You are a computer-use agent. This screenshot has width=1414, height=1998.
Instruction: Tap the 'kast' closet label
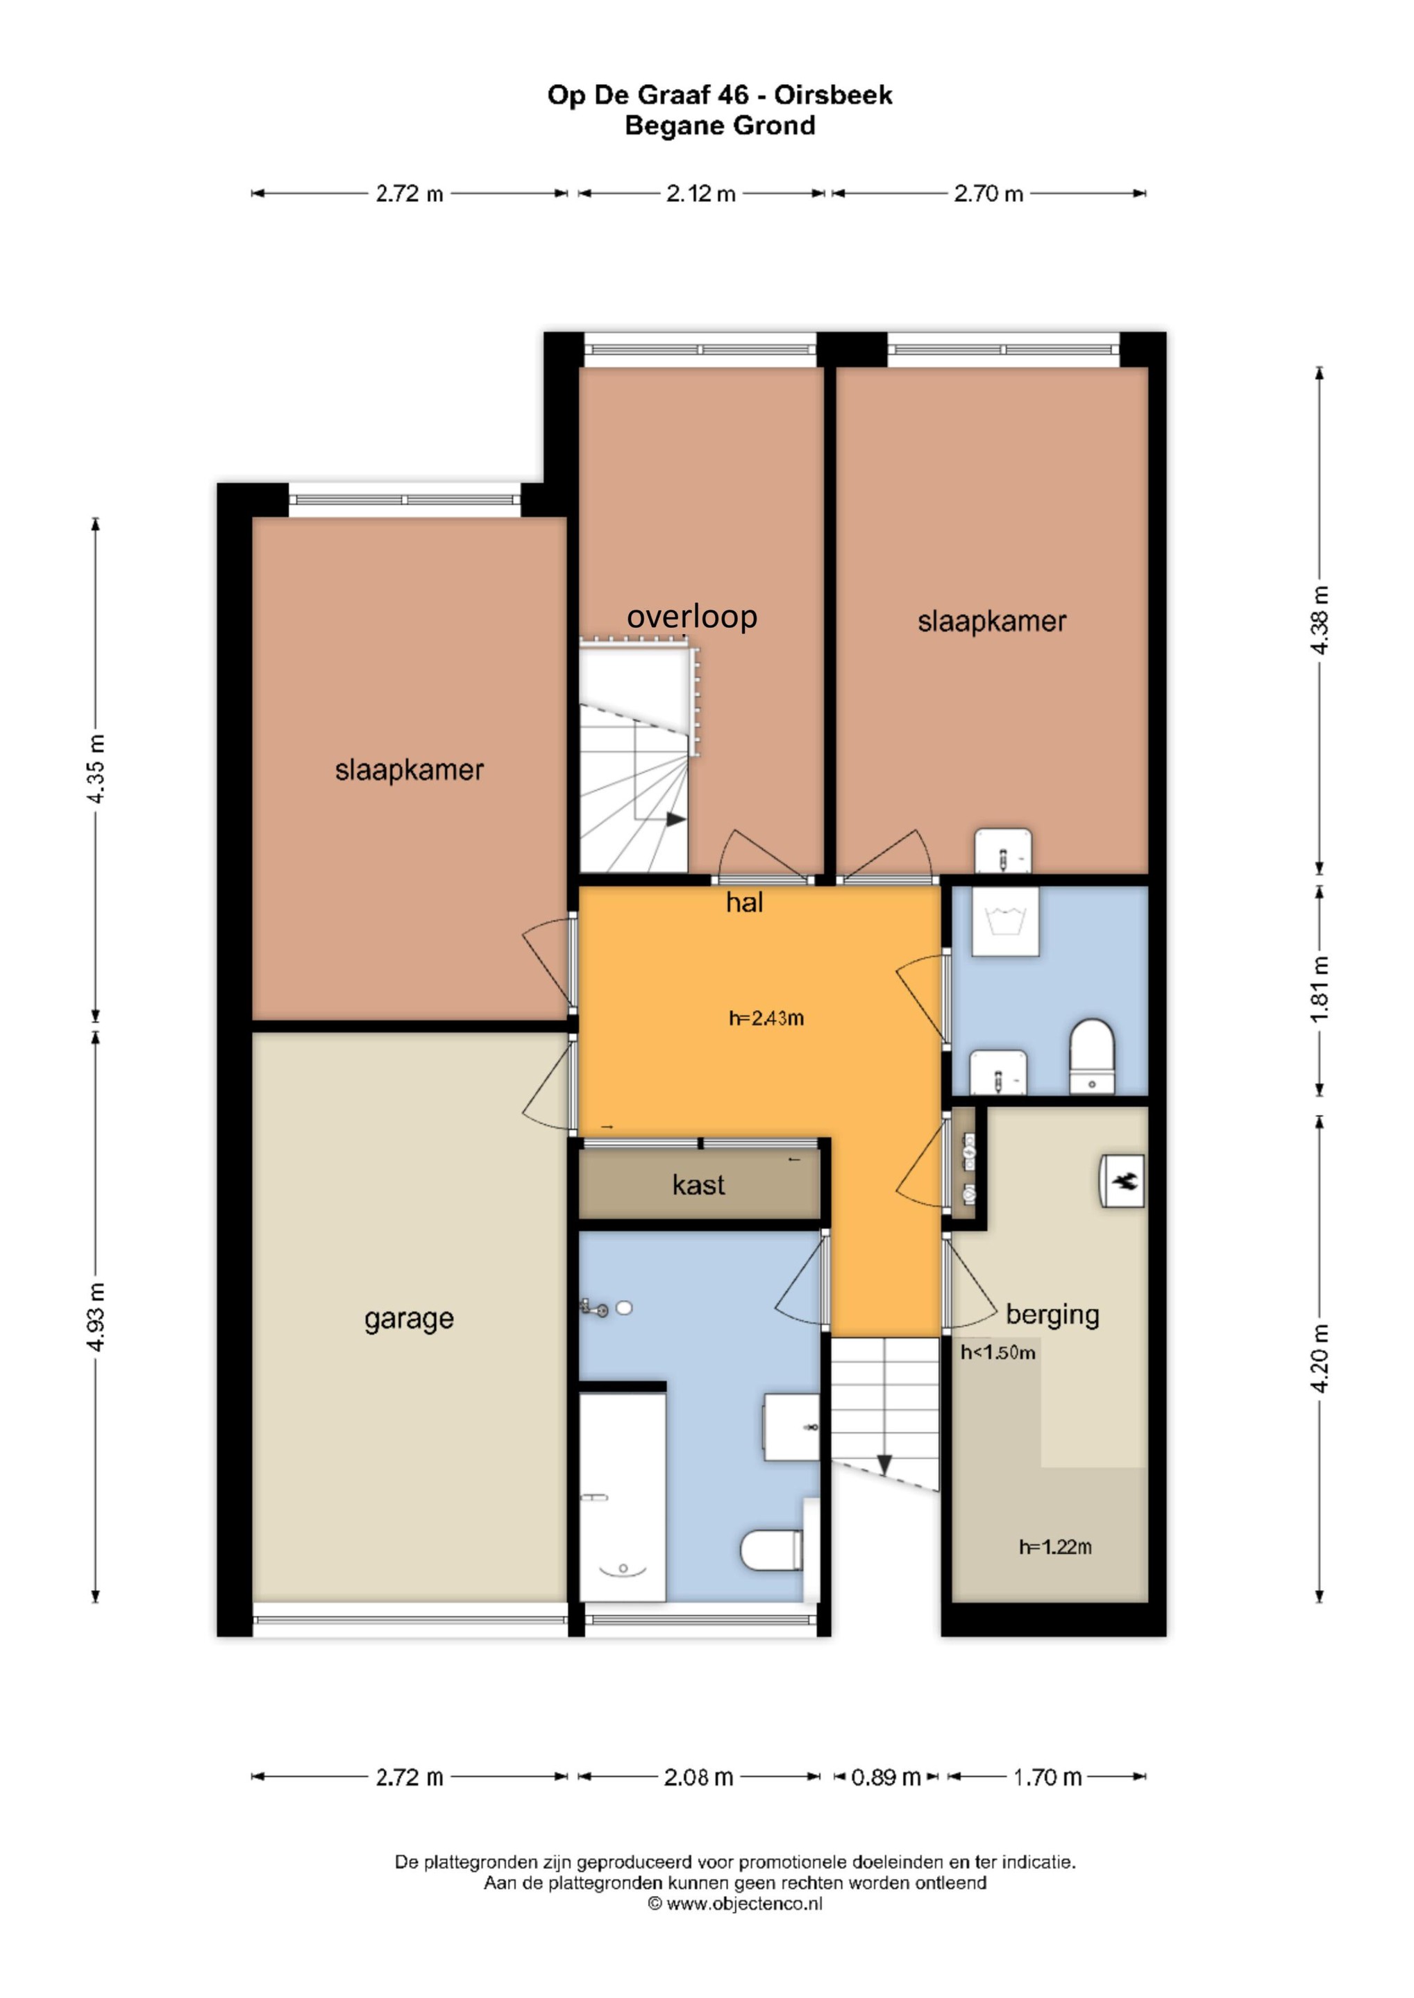point(698,1184)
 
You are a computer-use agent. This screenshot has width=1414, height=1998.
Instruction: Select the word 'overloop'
point(692,616)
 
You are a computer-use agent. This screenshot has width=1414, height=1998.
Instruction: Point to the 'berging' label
point(1052,1314)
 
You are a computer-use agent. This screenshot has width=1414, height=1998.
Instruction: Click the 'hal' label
point(744,903)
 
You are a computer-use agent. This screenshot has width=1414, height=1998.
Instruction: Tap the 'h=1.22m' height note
point(1055,1546)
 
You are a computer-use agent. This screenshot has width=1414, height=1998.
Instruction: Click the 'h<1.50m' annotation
point(998,1352)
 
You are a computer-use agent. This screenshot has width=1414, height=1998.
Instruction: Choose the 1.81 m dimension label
point(1320,989)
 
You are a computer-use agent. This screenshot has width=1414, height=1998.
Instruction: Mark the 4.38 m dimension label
point(1320,620)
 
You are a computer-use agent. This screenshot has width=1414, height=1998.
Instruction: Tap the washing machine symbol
point(1006,921)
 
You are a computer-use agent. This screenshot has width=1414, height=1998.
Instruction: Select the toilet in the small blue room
point(1092,1057)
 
